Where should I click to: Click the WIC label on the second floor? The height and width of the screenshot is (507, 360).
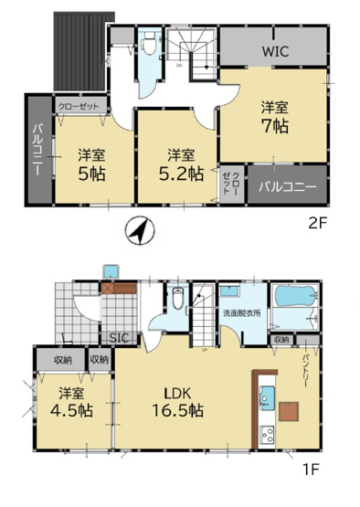275,51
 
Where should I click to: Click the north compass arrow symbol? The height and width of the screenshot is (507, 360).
137,232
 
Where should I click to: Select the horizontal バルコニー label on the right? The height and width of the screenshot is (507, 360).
287,188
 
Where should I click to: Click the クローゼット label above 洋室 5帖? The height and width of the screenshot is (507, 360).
79,106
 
